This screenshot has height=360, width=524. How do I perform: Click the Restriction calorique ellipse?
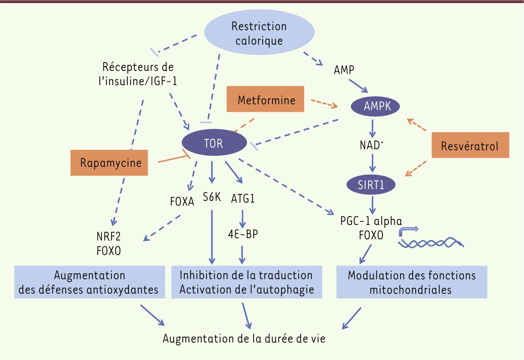pyautogui.click(x=259, y=32)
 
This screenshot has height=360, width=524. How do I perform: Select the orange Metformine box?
pyautogui.click(x=265, y=99)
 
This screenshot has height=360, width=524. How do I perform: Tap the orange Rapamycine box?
pyautogui.click(x=109, y=163)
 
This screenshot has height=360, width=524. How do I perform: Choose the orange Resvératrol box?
pyautogui.click(x=471, y=145)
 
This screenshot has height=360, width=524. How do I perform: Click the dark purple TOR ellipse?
pyautogui.click(x=214, y=142)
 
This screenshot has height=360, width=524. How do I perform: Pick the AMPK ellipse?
pyautogui.click(x=375, y=106)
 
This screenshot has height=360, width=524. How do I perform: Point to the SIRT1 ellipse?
pyautogui.click(x=371, y=185)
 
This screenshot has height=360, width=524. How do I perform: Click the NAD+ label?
pyautogui.click(x=372, y=145)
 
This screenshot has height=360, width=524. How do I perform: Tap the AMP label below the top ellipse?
pyautogui.click(x=344, y=70)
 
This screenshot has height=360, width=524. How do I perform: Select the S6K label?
pyautogui.click(x=212, y=197)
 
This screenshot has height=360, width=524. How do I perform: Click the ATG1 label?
pyautogui.click(x=243, y=198)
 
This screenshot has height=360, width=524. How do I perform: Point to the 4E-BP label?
pyautogui.click(x=243, y=234)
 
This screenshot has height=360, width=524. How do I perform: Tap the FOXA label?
pyautogui.click(x=182, y=202)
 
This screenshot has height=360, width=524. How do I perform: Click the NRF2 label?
pyautogui.click(x=109, y=236)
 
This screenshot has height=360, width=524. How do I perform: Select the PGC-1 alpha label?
pyautogui.click(x=371, y=221)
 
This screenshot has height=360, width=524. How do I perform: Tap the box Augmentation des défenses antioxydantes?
pyautogui.click(x=90, y=282)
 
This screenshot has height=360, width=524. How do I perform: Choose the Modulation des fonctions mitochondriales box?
pyautogui.click(x=412, y=282)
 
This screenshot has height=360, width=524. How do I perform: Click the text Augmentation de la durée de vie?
pyautogui.click(x=244, y=339)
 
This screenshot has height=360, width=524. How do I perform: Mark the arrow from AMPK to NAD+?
pyautogui.click(x=373, y=129)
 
